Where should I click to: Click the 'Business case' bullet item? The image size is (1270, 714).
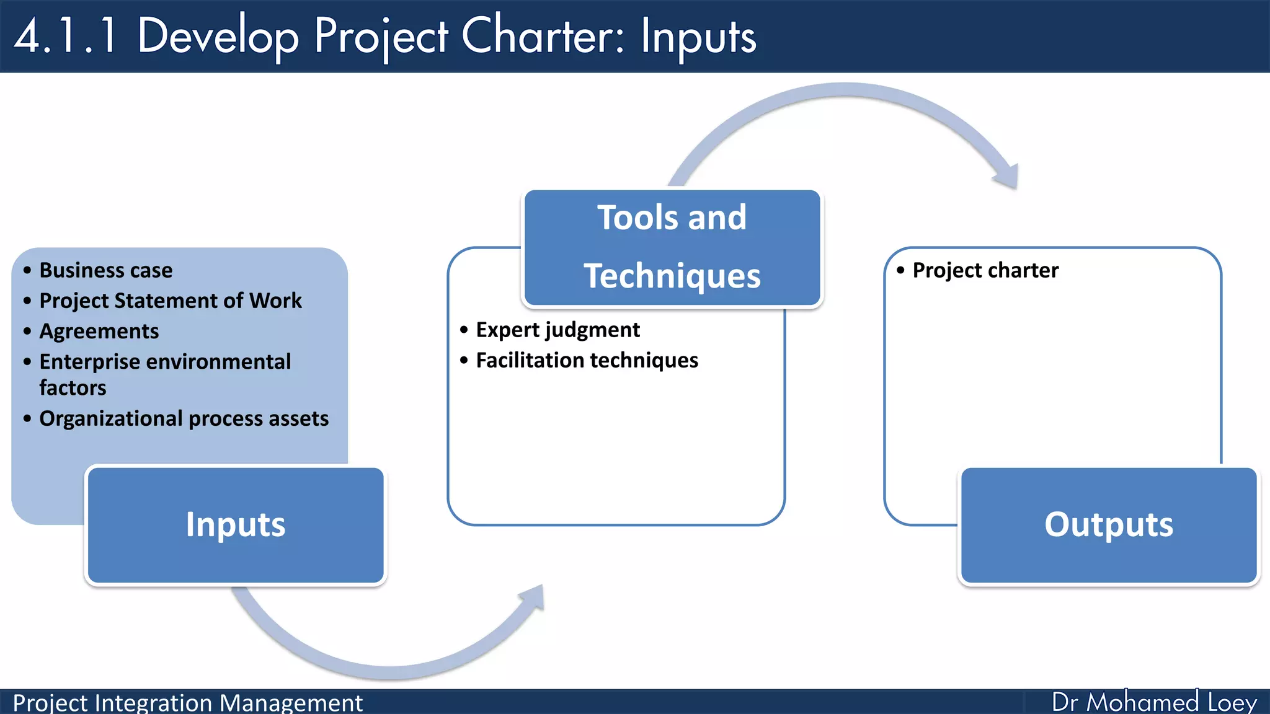105,270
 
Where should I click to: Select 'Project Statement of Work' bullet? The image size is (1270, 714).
170,301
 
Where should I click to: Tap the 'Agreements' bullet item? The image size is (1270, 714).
99,331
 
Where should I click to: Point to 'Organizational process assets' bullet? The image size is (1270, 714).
184,418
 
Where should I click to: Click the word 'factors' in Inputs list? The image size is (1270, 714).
73,388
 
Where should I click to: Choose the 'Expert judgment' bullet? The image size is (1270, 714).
557,330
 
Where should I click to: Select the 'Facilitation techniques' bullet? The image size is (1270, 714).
587,360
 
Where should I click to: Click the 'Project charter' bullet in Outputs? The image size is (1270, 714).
985,270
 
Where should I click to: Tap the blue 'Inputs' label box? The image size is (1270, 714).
236,525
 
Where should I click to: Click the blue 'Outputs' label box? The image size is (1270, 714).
1109,525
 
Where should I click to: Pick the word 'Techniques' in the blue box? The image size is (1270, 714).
672,276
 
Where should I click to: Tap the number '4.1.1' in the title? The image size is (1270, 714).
66,36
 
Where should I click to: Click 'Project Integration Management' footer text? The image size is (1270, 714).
187,703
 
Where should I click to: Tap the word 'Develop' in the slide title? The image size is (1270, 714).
218,36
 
